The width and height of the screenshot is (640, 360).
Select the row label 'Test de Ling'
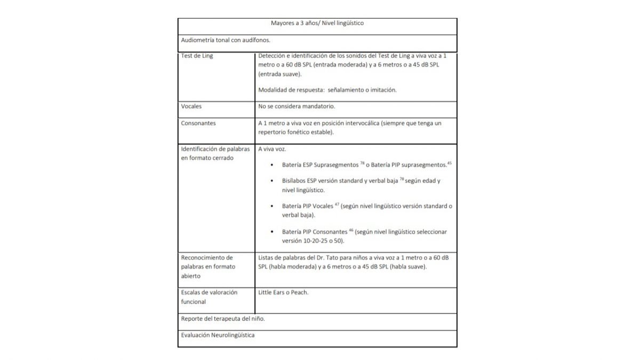pyautogui.click(x=197, y=56)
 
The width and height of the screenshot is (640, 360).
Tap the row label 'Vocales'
pyautogui.click(x=191, y=106)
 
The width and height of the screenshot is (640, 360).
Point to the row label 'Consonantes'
pyautogui.click(x=199, y=123)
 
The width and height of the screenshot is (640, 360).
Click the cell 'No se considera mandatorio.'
pyautogui.click(x=297, y=106)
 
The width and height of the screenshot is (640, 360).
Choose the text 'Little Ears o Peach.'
pyautogui.click(x=283, y=292)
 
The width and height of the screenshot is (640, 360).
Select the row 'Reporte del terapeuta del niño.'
pyautogui.click(x=223, y=318)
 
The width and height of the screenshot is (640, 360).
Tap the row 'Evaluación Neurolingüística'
pyautogui.click(x=218, y=335)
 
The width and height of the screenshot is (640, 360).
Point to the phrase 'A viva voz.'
pyautogui.click(x=272, y=149)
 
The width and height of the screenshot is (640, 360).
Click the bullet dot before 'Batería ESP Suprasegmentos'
pyautogui.click(x=273, y=165)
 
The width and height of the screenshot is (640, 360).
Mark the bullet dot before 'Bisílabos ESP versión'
pyautogui.click(x=273, y=181)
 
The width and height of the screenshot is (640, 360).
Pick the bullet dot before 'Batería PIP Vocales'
pyautogui.click(x=273, y=206)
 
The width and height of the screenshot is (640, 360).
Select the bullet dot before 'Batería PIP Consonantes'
pyautogui.click(x=273, y=233)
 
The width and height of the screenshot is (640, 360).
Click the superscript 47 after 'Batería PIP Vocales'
pyautogui.click(x=337, y=204)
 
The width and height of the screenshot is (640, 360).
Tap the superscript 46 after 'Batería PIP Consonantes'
pyautogui.click(x=351, y=230)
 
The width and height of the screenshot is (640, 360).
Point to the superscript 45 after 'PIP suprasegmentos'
pyautogui.click(x=450, y=163)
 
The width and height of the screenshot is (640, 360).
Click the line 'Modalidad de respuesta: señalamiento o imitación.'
pyautogui.click(x=327, y=90)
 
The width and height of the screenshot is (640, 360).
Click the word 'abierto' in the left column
pyautogui.click(x=191, y=276)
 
